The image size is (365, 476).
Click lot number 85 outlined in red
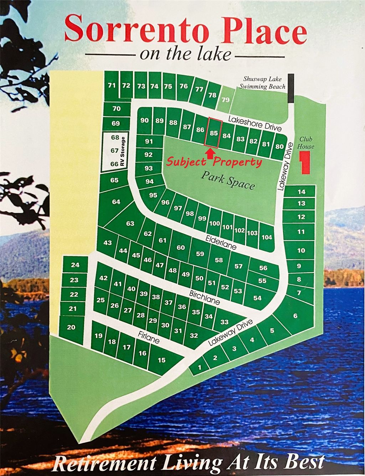click(214, 133)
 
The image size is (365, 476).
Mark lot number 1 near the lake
click(199, 367)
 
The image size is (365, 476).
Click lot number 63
click(130, 224)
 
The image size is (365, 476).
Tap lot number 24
click(75, 265)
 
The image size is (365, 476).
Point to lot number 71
click(112, 85)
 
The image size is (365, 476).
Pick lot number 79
click(225, 100)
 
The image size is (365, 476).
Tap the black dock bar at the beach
click(291, 88)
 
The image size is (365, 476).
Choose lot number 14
click(302, 192)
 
